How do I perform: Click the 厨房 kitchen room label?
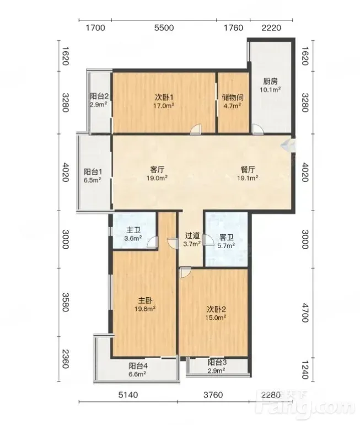270,82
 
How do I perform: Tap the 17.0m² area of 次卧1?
164,105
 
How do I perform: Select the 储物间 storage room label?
232,98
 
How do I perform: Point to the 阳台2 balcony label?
99,96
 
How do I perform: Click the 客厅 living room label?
157,170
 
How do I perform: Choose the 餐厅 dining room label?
248,170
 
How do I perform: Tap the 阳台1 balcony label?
93,172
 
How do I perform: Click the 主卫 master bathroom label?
133,230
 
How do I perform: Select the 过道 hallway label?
192,235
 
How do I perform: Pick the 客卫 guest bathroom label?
227,238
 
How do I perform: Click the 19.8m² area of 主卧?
145,309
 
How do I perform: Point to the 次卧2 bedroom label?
216,309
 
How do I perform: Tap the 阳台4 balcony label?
138,366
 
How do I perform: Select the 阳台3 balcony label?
217,362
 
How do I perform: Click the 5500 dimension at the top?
164,28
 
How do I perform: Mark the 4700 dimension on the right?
305,313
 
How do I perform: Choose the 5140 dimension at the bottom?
128,395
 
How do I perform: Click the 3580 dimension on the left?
66,302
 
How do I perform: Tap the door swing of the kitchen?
257,130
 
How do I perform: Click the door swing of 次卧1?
196,130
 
